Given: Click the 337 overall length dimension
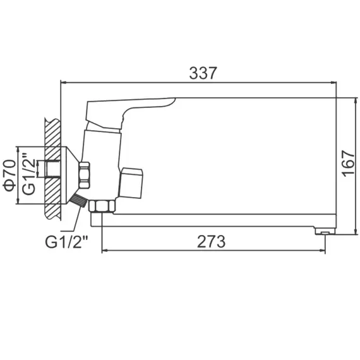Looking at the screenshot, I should click(x=203, y=73).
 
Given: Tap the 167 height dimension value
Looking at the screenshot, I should click(x=348, y=165).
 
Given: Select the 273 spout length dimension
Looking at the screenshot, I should click(x=212, y=241).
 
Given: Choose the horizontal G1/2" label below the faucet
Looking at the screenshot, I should click(x=66, y=241).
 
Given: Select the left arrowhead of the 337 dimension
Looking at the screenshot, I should click(x=63, y=82).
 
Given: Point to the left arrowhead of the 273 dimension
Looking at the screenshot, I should click(x=105, y=251).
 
